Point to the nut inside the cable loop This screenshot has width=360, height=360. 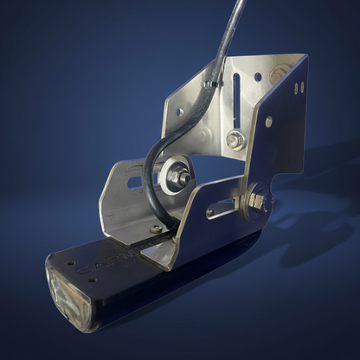[x=183, y=178]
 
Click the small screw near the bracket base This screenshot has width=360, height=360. [x=156, y=229]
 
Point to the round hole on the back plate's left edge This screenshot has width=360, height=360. [x=177, y=112]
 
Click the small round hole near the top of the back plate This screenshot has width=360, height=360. [x=257, y=77]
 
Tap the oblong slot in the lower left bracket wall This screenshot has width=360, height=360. [x=135, y=182]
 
